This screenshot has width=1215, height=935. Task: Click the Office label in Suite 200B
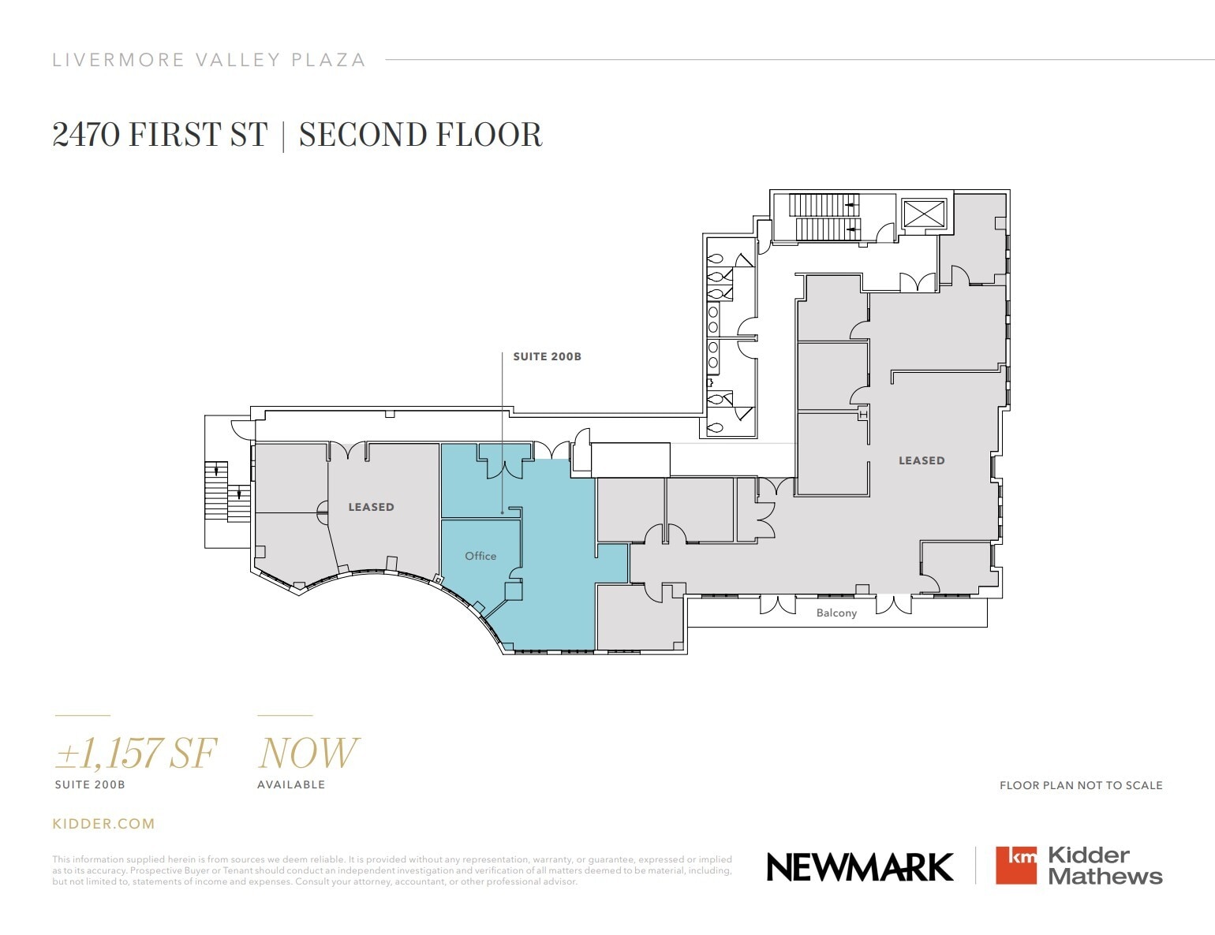480,556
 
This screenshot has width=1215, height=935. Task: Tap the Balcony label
836,613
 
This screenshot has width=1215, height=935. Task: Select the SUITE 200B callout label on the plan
547,356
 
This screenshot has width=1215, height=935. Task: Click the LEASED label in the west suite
371,507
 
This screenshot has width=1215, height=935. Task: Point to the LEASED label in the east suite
922,460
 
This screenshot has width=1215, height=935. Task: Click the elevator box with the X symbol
924,213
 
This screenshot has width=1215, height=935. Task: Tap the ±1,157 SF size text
135,753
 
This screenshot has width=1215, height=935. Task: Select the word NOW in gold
308,753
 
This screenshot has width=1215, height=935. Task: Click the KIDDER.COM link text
103,824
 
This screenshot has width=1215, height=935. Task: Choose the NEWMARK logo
860,867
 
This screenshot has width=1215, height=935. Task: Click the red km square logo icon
1016,865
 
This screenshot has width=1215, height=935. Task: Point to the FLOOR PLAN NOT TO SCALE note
1081,785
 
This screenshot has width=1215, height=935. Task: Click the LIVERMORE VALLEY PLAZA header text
209,60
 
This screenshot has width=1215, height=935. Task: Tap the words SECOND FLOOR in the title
421,135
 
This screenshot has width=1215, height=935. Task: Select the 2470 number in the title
86,135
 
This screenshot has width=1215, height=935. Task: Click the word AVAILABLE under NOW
291,784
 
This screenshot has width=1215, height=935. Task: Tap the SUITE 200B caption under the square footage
90,784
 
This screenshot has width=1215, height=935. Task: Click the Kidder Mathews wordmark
1105,866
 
